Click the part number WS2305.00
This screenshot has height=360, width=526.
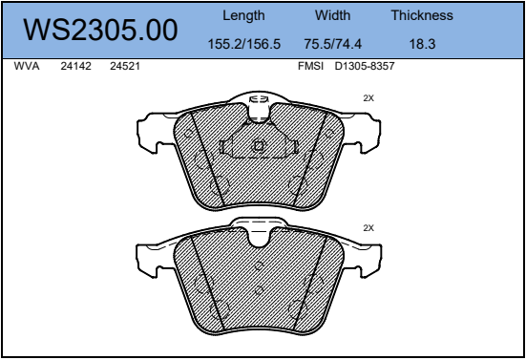click(100, 30)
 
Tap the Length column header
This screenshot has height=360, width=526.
click(243, 16)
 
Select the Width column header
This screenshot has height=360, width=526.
click(332, 15)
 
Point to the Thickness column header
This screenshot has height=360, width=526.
click(422, 15)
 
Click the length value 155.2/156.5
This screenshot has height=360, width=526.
click(243, 44)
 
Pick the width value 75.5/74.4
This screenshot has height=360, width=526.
click(333, 44)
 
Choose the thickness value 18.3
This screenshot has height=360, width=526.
click(422, 44)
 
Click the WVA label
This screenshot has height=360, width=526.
click(27, 66)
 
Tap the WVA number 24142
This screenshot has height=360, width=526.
click(75, 66)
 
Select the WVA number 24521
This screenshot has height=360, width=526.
click(125, 66)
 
